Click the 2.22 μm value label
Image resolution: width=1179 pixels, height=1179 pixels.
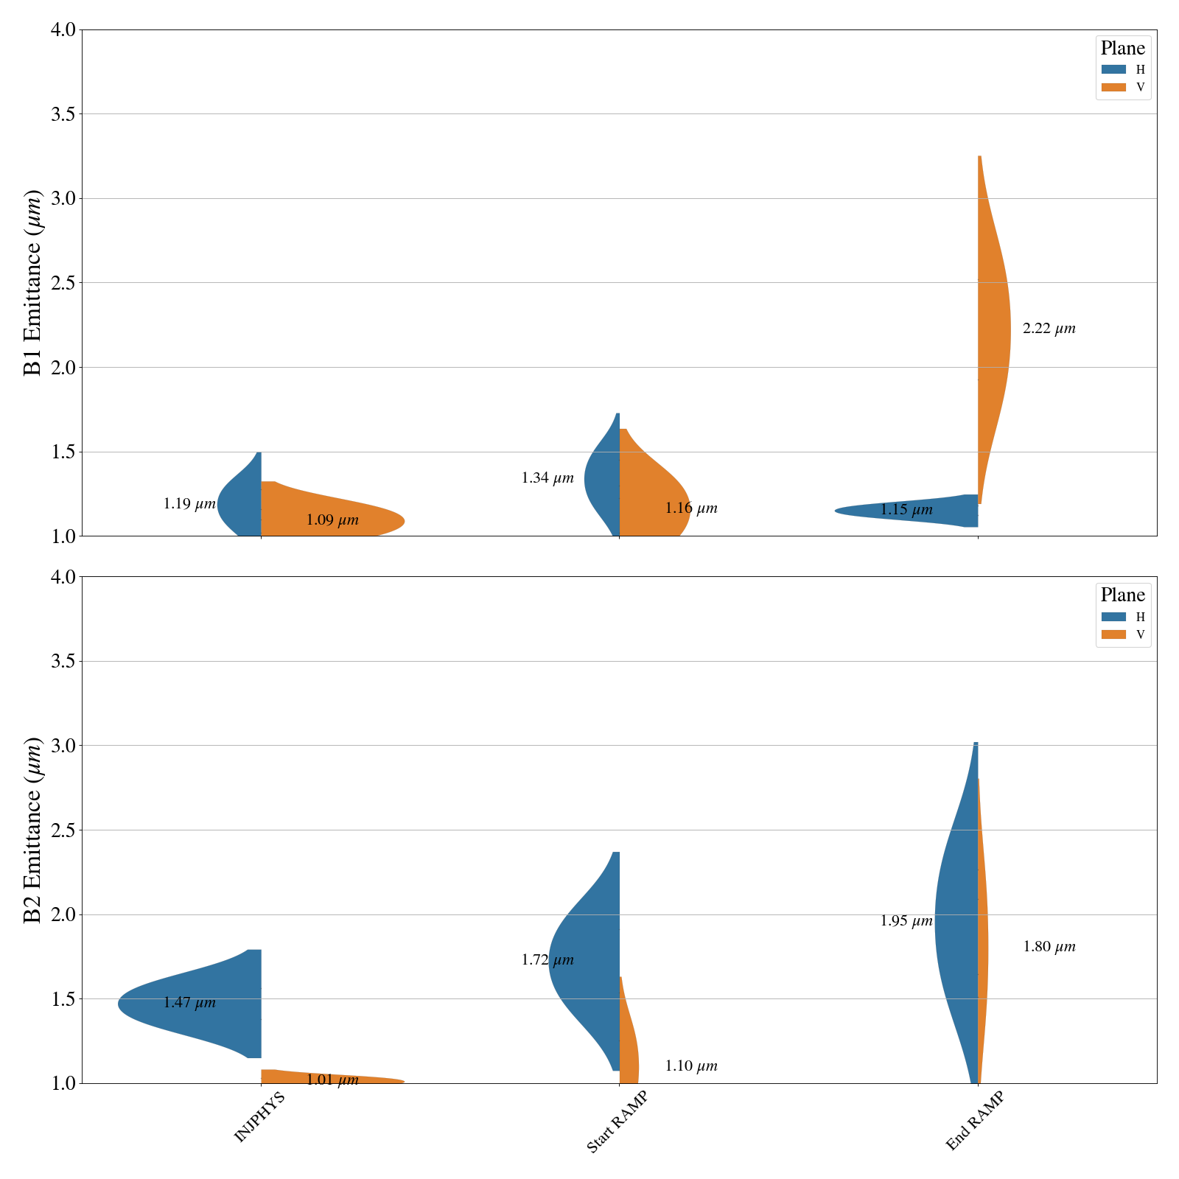[1049, 329]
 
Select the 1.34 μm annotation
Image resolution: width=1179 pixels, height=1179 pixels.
[547, 478]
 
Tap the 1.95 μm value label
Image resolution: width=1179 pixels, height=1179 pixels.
[906, 921]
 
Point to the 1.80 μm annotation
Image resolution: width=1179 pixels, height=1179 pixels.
[1049, 947]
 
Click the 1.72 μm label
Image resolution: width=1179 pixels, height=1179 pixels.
[547, 960]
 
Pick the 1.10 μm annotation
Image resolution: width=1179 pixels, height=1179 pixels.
[690, 1066]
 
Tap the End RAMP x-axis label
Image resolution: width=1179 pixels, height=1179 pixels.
[974, 1120]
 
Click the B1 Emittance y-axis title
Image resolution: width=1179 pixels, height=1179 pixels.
[33, 283]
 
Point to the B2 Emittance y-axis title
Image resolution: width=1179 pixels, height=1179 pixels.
[33, 830]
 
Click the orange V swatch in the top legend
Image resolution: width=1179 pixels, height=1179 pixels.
[1113, 87]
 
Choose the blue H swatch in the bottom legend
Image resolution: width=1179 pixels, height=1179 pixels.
[1113, 617]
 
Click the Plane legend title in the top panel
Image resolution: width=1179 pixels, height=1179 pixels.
[1122, 49]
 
